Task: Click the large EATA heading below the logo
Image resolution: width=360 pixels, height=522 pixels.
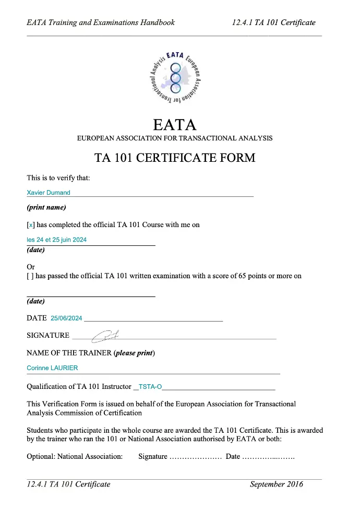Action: (175, 125)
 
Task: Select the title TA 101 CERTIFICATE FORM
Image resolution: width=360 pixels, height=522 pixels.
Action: (175, 158)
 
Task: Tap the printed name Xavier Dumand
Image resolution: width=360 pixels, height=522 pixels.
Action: (49, 193)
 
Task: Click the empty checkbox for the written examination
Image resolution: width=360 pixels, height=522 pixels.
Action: (30, 276)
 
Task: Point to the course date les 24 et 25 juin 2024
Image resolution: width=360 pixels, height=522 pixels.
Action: (56, 240)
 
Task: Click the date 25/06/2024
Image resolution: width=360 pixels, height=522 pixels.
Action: (66, 318)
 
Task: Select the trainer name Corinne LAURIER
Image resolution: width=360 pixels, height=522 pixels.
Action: (52, 368)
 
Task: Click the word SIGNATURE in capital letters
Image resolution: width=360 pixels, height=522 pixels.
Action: (48, 336)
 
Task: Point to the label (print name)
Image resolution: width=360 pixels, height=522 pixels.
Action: (46, 207)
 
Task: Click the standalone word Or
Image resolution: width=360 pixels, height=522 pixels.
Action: (31, 267)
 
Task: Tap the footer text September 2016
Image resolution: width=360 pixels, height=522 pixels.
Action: (276, 484)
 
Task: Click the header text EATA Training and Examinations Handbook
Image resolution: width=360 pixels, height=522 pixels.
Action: (101, 22)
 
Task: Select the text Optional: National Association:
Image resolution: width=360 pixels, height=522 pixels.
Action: (75, 456)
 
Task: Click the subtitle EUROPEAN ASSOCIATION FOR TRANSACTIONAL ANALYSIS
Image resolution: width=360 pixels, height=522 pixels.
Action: (175, 139)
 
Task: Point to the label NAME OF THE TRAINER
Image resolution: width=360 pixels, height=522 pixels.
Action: (69, 353)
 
